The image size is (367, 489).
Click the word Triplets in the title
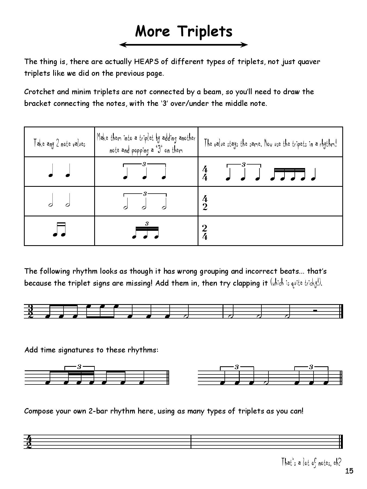coord(205,31)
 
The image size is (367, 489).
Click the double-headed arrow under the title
coord(184,45)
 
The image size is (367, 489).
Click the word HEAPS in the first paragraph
coord(147,62)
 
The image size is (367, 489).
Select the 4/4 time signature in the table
coord(205,173)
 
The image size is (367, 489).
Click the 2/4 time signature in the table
coord(205,232)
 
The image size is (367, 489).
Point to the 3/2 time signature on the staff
coord(31,311)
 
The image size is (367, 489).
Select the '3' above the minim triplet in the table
coord(145,194)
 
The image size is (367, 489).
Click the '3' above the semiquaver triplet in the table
coord(147,224)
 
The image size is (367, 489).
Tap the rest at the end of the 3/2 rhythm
coord(315,310)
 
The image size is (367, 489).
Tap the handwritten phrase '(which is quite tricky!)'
coord(296,283)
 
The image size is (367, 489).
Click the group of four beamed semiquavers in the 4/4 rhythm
coord(288,175)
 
